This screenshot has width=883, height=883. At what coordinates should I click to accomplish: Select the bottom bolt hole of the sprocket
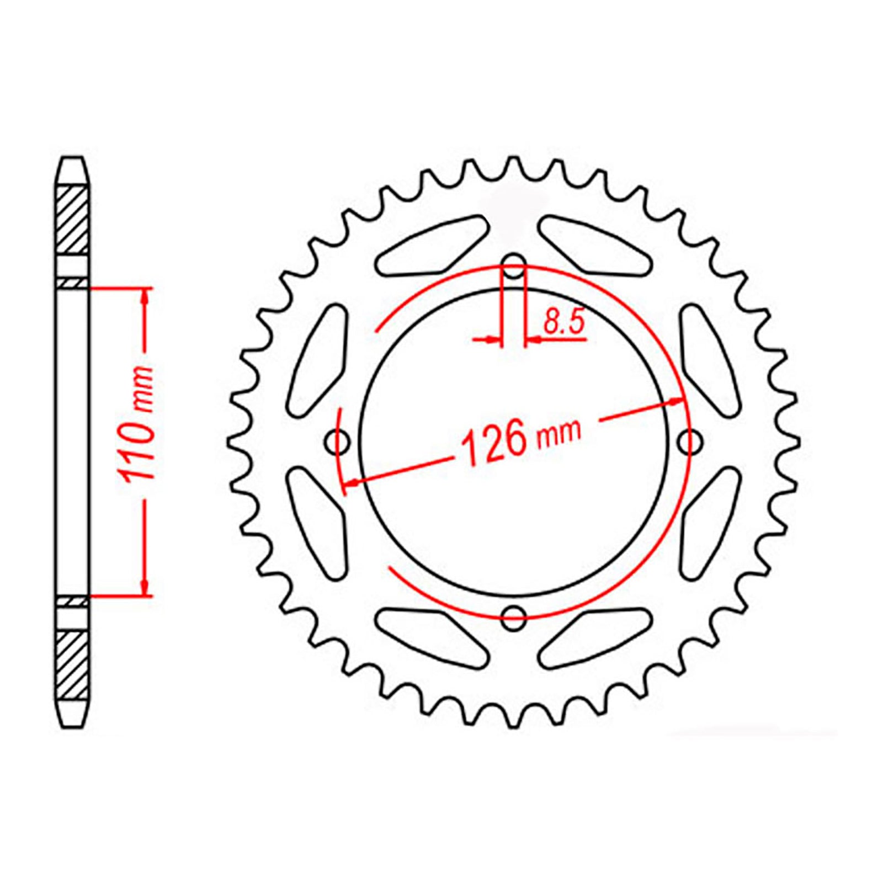(x=514, y=616)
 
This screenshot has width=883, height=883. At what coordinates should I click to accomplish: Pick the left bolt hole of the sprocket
(x=337, y=441)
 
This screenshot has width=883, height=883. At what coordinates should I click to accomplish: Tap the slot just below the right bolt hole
(x=709, y=522)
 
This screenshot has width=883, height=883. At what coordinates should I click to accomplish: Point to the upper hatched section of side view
(x=72, y=220)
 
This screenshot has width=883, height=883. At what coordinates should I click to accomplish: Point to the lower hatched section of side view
(x=72, y=664)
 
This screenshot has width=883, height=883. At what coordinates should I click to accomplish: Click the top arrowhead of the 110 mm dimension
(x=145, y=298)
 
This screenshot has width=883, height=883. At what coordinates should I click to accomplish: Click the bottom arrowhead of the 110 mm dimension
(x=145, y=586)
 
